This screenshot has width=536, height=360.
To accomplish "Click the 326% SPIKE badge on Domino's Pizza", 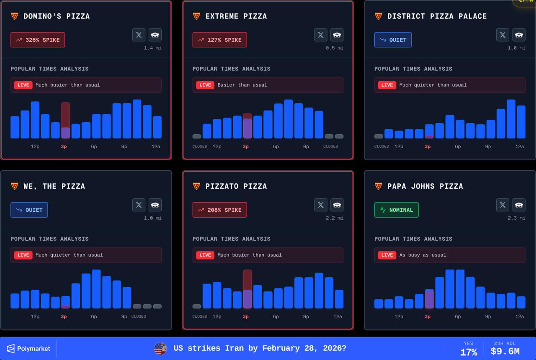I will click(x=38, y=40).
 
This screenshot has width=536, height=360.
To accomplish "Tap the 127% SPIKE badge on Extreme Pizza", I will click(x=219, y=40).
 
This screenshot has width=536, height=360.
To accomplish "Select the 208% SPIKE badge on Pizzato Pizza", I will click(x=219, y=210).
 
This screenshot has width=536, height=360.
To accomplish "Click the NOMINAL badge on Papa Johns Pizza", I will click(x=396, y=210).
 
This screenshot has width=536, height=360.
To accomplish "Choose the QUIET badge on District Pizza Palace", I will click(x=393, y=40).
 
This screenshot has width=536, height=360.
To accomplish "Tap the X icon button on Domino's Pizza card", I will click(x=139, y=35).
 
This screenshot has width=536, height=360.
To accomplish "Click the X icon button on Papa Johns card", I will click(x=502, y=205).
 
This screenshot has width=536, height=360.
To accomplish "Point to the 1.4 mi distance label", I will click(x=152, y=48).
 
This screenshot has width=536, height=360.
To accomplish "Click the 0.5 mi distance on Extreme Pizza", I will click(x=334, y=48).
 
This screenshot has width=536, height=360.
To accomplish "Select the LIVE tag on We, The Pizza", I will click(x=23, y=255).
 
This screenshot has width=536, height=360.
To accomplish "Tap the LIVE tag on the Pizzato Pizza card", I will click(x=205, y=255).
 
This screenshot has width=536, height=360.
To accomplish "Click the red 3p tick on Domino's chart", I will click(x=64, y=147).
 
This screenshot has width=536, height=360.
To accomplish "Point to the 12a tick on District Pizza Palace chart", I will click(x=519, y=147).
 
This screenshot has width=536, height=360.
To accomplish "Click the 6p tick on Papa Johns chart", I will click(x=458, y=316).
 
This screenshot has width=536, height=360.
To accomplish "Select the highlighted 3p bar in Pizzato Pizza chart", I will click(x=247, y=289).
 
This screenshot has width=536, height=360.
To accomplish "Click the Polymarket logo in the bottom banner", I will click(x=28, y=348).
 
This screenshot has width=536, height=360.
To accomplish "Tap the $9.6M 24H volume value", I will click(x=505, y=352).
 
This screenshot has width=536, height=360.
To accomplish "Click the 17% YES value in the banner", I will click(x=469, y=352).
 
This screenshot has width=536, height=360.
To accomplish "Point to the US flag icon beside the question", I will click(x=160, y=348).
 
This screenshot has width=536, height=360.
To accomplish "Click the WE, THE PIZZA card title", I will click(x=54, y=186).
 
